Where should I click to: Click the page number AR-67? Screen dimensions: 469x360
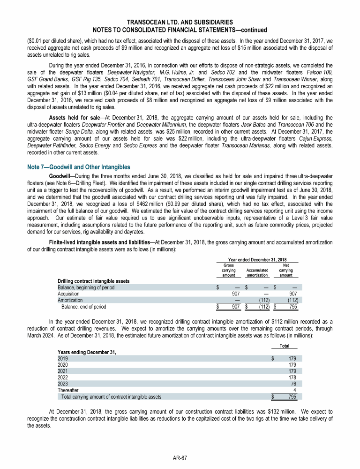180,457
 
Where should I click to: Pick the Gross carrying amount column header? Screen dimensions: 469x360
228,270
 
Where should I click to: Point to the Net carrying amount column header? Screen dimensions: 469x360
286,270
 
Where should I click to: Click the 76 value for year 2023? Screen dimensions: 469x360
292,383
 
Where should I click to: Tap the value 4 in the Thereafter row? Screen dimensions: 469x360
294,390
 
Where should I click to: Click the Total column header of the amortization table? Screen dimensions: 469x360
284,346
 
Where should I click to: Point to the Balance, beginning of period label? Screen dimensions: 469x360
86,287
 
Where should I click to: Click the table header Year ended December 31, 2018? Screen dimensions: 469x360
257,259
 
